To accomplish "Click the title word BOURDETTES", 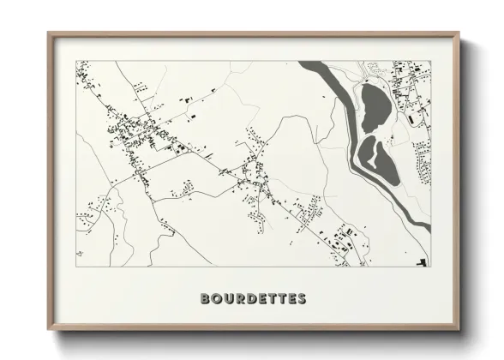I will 252,299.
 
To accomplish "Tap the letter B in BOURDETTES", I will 205,299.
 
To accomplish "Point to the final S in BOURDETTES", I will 301,299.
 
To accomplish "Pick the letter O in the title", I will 215,299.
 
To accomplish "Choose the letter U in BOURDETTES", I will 226,299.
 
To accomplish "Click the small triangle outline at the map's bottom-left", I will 80,254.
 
